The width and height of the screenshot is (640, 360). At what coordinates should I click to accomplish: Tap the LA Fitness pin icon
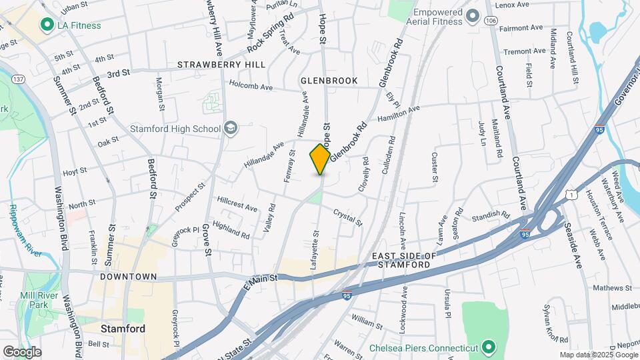(47, 25)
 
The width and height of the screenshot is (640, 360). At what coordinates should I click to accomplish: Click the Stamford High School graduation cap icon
(231, 128)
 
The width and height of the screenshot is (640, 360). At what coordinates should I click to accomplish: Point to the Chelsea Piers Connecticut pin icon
(489, 348)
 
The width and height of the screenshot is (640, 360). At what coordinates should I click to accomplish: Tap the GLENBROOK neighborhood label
(329, 81)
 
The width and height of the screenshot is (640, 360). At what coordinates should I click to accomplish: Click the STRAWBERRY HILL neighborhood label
(221, 65)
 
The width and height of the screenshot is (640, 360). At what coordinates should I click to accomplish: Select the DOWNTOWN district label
(128, 276)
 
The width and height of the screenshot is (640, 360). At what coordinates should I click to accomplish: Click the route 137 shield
(18, 79)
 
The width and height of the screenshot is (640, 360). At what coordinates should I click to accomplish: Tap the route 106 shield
(491, 21)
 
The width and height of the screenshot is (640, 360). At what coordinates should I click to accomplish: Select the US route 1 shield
(571, 194)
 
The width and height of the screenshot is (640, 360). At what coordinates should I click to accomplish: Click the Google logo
(22, 351)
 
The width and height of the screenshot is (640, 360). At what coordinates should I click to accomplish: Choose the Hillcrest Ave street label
(237, 204)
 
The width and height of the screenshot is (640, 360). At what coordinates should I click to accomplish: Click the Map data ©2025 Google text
(597, 355)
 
